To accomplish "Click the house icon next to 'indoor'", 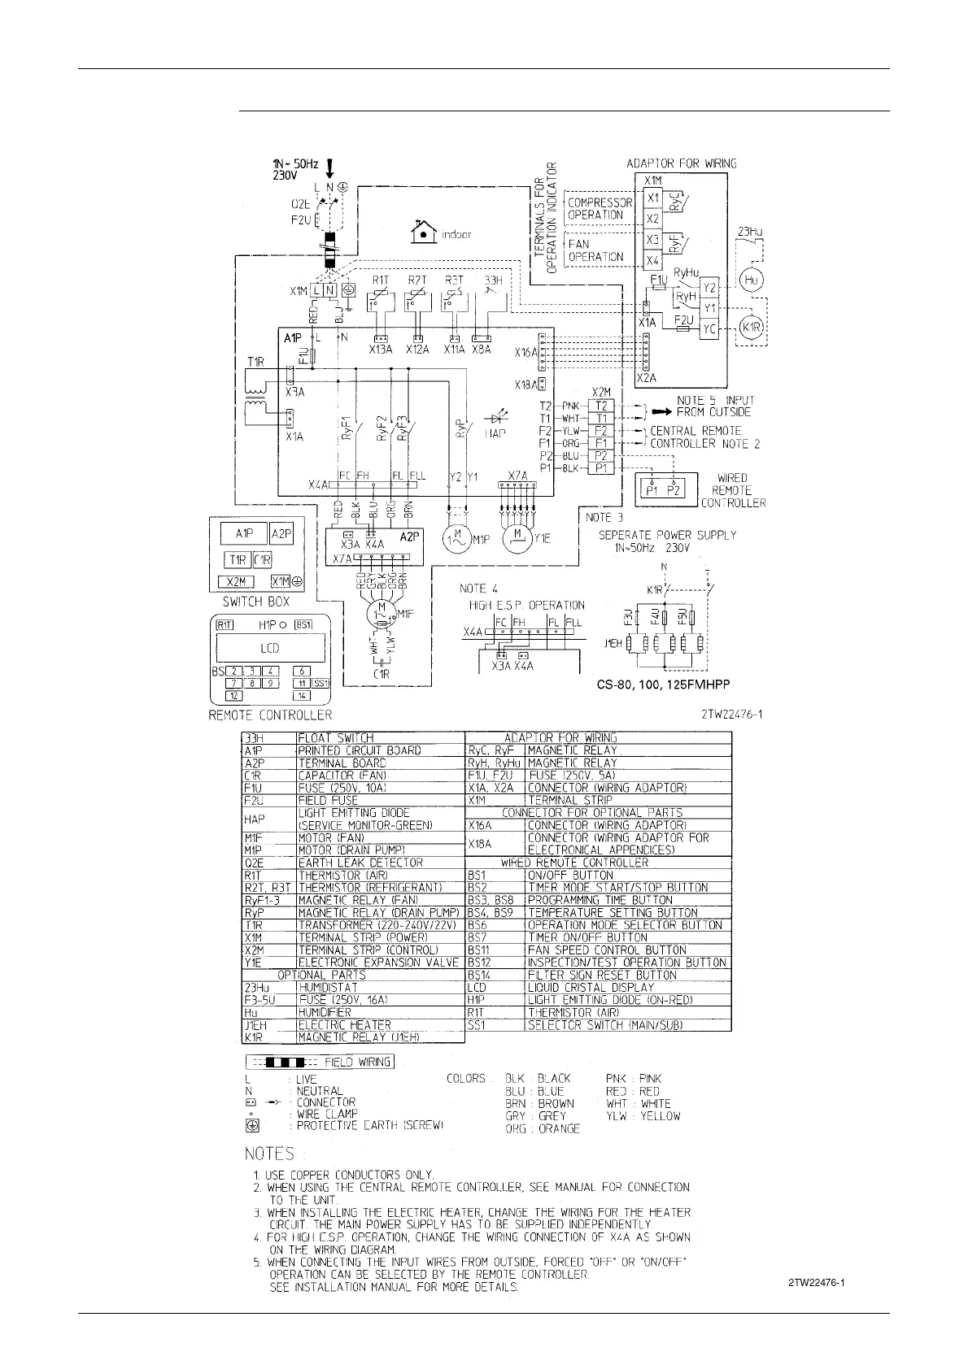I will pos(424,233).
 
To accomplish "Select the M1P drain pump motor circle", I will pos(456,537).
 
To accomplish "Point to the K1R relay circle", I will pos(750,328).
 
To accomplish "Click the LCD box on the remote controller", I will pos(269,648).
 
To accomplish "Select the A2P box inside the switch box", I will pos(280,533).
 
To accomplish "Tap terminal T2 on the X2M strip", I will pos(601,406).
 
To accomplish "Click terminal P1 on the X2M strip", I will pos(601,468).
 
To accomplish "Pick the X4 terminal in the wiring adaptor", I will pos(652,261).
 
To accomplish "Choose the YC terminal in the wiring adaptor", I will pos(709,329).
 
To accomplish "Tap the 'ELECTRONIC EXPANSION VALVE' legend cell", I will pos(379,963).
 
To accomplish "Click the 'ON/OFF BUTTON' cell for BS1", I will pos(570,876).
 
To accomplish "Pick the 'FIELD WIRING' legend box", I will pos(319,1062).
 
